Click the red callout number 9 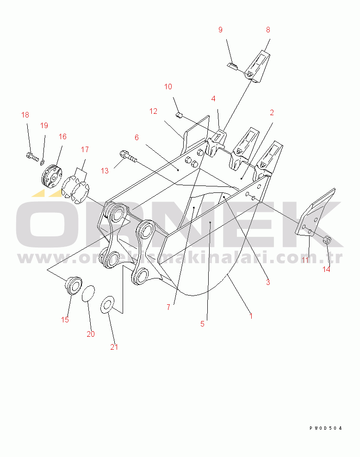point(220,30)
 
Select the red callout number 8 point(268,30)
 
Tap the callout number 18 point(25,115)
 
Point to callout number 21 point(114,347)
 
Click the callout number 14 point(326,269)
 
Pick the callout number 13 point(105,171)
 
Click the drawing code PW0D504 point(326,428)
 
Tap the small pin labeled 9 point(232,66)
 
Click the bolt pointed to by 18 point(32,156)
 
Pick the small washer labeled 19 point(43,162)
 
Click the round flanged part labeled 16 point(52,176)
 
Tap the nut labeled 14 point(327,240)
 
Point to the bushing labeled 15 point(73,286)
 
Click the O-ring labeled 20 point(88,294)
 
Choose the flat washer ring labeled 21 point(107,305)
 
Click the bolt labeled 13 point(128,156)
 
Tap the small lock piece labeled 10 point(179,115)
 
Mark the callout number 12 point(153,111)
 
